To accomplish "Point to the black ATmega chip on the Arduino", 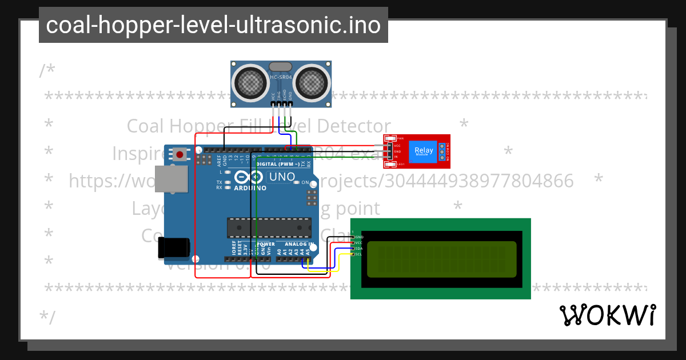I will [x=269, y=227].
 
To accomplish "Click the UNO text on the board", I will [x=282, y=177].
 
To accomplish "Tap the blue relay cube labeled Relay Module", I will [x=424, y=151].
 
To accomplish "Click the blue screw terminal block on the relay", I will [x=442, y=151].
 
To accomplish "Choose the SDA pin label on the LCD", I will [x=359, y=249].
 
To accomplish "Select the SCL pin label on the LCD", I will [x=359, y=254].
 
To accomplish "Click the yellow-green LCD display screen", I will [x=441, y=259].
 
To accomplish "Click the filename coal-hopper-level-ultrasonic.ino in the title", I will [x=213, y=25].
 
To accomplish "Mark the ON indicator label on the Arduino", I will [x=305, y=183].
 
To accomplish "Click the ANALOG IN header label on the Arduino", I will [x=296, y=244].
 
